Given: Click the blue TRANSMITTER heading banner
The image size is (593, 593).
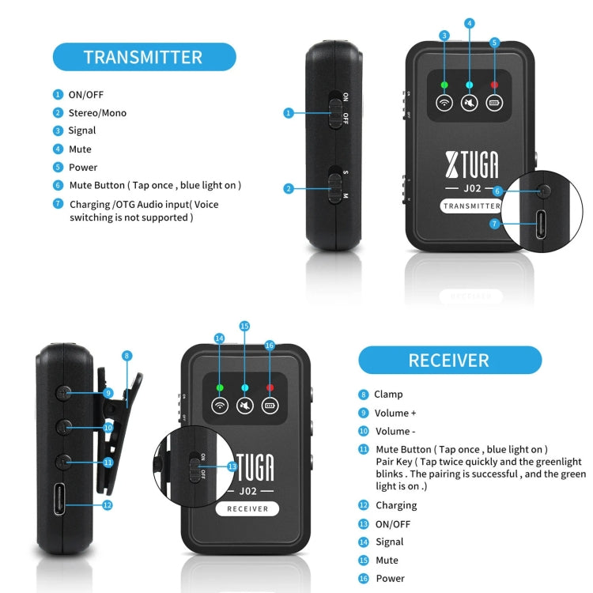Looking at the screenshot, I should [x=143, y=57].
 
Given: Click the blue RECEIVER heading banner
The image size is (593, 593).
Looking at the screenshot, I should [x=449, y=361].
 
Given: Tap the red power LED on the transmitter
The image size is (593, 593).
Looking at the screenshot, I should [x=495, y=84].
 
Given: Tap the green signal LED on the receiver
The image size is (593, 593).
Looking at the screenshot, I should [x=220, y=387].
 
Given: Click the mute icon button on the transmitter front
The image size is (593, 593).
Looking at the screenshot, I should [x=470, y=103].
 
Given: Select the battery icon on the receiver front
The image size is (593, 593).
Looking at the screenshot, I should [x=270, y=406].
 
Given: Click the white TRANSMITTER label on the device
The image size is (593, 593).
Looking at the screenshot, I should [x=471, y=206].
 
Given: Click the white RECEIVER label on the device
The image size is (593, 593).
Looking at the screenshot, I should [x=247, y=509].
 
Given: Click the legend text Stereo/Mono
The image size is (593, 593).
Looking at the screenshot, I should [x=97, y=113].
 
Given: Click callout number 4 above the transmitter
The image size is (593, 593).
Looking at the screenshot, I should [x=470, y=24].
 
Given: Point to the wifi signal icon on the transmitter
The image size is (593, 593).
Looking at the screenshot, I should [x=444, y=103].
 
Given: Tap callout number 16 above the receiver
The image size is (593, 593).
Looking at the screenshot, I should [x=270, y=346].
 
